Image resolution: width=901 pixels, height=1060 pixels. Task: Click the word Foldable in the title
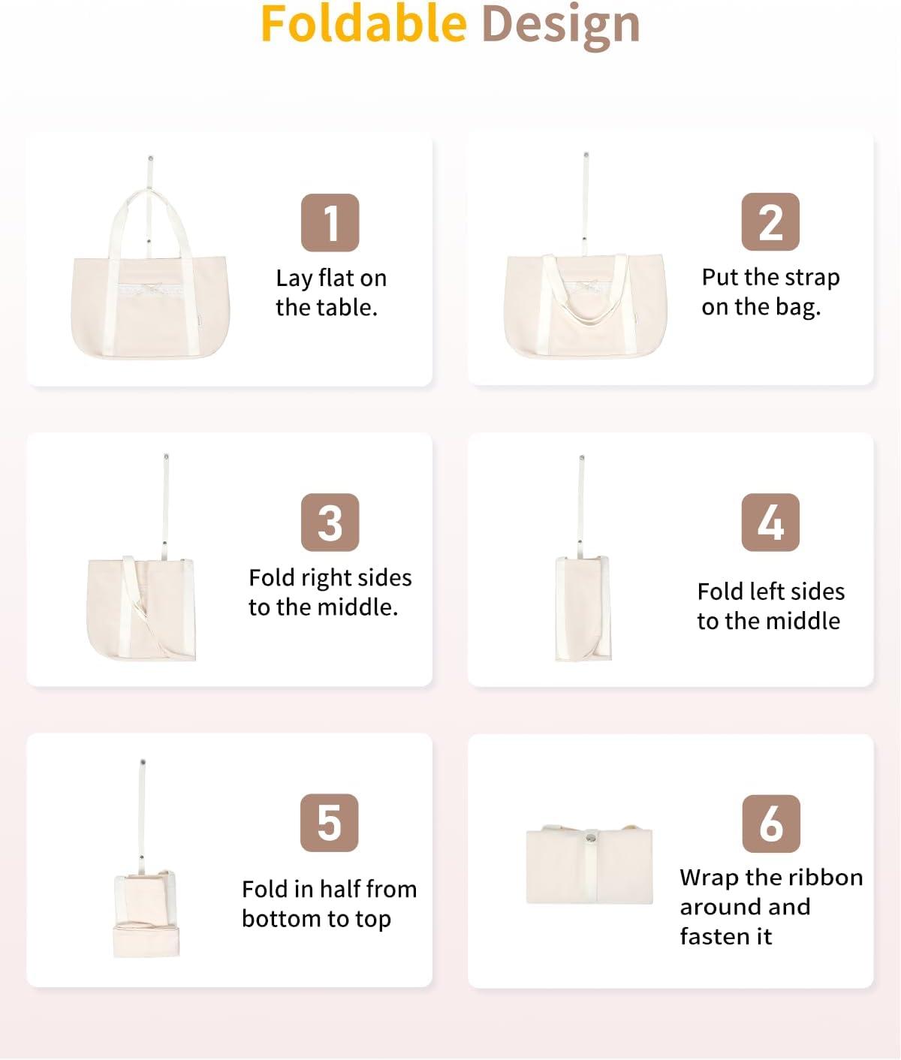click(363, 24)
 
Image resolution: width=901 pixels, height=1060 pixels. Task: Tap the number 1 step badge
click(330, 222)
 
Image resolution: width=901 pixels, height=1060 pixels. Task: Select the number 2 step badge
click(770, 222)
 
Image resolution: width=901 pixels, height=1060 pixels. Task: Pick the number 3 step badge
click(330, 522)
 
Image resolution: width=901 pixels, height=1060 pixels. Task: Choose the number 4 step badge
click(770, 522)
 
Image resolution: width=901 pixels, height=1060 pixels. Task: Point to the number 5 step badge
click(329, 823)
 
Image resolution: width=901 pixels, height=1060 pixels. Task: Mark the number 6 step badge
click(771, 824)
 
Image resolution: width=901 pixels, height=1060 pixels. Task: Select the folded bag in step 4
click(583, 608)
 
